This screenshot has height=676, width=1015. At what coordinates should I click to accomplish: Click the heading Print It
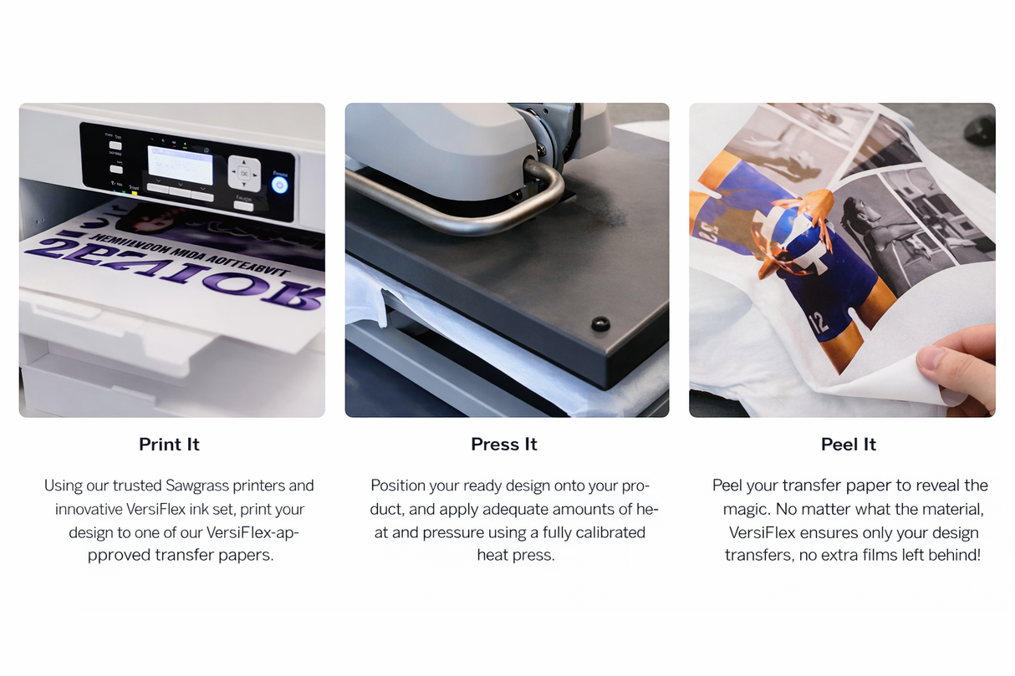tap(169, 445)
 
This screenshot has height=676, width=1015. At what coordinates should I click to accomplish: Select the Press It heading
tap(504, 445)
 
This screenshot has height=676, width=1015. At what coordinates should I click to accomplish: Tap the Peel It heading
tap(848, 445)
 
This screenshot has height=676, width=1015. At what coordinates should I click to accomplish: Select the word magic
tap(747, 508)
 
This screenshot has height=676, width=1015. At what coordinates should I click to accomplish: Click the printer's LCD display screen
tap(181, 164)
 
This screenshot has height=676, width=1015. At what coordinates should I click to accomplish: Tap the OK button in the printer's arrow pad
tap(244, 174)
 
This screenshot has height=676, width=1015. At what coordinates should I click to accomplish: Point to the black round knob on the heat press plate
tap(599, 323)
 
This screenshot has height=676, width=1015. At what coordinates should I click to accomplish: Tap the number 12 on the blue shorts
tap(819, 321)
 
